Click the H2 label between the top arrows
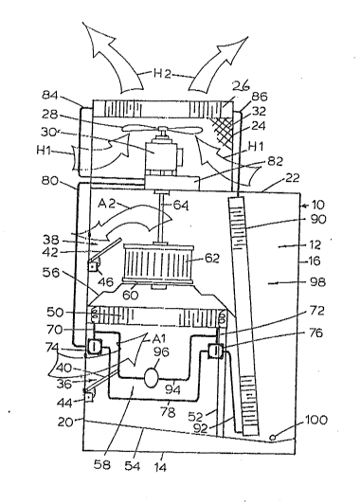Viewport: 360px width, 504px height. pyautogui.click(x=162, y=74)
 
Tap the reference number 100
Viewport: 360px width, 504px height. pyautogui.click(x=316, y=420)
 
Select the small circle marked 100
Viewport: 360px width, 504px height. pyautogui.click(x=272, y=437)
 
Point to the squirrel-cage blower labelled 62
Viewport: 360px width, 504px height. pyautogui.click(x=157, y=263)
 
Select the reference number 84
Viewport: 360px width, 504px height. pyautogui.click(x=50, y=95)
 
